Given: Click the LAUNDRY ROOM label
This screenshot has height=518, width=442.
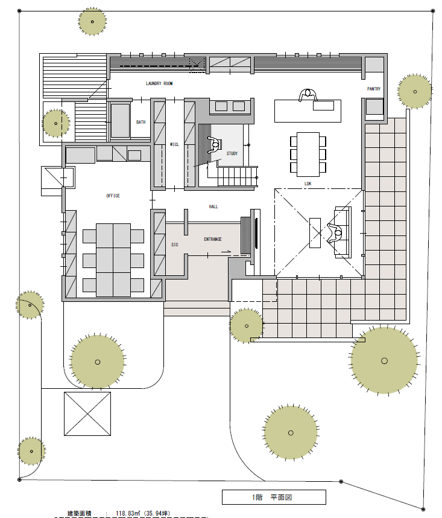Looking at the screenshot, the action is pos(159,83).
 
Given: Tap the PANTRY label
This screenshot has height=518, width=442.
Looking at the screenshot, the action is pos(374,89).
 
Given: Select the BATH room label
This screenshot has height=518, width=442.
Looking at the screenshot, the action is pos(141,122).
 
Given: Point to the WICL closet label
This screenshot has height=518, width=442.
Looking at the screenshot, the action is pos(174,144).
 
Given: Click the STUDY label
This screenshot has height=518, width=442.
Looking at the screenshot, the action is pos(232,153).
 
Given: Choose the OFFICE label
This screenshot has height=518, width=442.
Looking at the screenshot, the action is pos(113,196).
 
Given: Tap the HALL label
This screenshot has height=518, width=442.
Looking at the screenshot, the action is pos(213,207).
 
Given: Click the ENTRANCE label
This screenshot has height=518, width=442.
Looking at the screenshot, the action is pos(213,239).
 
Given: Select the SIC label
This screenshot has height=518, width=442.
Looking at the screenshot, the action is pos(175,245).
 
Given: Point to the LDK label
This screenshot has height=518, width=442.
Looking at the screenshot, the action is pos(308,184).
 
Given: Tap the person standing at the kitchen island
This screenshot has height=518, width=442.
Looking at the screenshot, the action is pos(308,95).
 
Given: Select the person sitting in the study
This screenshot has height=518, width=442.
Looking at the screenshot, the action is pos(215,145).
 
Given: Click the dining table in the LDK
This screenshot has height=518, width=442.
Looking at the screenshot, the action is pos(308,155).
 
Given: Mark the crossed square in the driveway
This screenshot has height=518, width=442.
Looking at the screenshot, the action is pos(87,414).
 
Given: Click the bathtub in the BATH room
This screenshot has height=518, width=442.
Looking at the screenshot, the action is pos(120,121).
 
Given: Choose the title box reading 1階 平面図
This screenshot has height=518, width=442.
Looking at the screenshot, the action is pos(274,497).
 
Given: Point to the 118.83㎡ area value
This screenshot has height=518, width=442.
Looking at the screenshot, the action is pos(128,514).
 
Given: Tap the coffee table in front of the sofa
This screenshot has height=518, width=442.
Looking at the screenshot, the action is pos(315,233).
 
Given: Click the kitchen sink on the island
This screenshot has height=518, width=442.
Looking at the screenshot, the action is pos(324,106).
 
